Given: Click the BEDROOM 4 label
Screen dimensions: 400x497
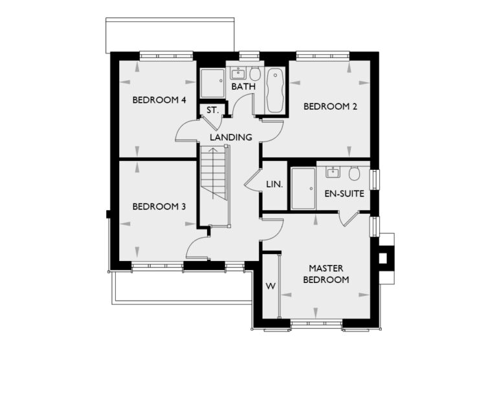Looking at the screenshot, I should click(x=159, y=100).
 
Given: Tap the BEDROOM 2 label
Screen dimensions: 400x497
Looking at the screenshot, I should click(x=330, y=107).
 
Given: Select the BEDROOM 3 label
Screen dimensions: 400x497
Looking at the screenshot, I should click(x=159, y=207).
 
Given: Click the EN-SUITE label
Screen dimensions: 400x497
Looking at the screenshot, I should click(x=344, y=193).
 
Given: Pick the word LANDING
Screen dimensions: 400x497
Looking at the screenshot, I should click(x=230, y=138).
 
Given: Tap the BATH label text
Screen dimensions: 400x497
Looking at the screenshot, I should click(x=243, y=87).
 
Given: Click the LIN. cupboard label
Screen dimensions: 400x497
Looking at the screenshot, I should click(x=274, y=185).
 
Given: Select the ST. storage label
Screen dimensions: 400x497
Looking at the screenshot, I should click(x=212, y=111).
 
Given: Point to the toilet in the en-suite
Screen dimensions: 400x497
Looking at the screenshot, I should click(x=353, y=174).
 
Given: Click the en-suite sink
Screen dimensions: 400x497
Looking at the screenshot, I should click(x=333, y=173).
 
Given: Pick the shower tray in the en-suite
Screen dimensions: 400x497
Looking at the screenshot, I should click(x=303, y=188).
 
